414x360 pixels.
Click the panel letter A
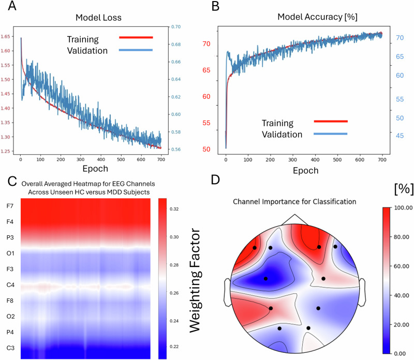[12, 6]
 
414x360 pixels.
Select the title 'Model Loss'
[98, 18]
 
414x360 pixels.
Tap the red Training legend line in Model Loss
[136, 37]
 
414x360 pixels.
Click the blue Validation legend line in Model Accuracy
[331, 134]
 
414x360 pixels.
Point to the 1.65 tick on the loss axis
[5, 36]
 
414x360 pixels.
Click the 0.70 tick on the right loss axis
[176, 27]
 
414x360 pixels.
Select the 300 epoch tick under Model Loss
[81, 159]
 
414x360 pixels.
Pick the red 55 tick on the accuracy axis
[206, 123]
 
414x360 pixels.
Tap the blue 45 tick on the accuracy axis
[400, 136]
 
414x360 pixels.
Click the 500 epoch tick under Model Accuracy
[337, 160]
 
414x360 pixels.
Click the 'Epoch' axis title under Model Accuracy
[306, 171]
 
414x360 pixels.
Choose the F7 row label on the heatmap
[10, 206]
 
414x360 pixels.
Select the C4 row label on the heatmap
[10, 285]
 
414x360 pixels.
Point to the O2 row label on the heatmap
[10, 316]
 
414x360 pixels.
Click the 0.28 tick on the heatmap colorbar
[174, 265]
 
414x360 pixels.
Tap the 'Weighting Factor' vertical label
[196, 280]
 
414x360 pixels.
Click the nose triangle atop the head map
[294, 220]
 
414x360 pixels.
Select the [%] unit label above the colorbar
[404, 189]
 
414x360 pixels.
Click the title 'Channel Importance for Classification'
[294, 202]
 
